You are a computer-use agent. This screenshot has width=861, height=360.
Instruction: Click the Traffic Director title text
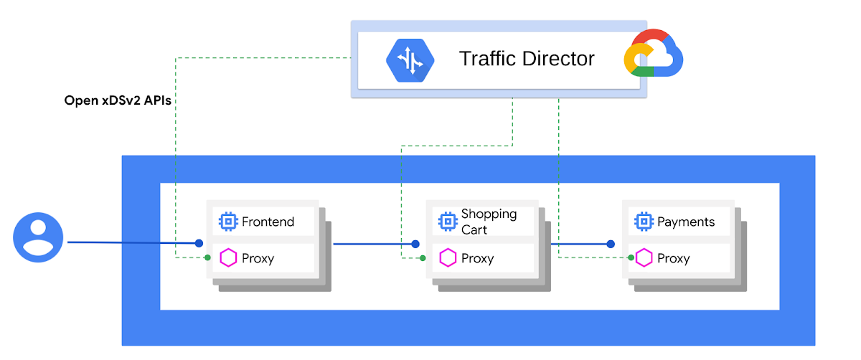(527, 58)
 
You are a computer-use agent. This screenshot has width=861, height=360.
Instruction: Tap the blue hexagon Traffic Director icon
(410, 60)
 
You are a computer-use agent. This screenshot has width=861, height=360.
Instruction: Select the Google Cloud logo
(653, 55)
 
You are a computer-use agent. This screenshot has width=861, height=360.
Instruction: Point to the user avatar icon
(39, 238)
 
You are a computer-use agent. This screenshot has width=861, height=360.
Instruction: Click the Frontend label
(268, 222)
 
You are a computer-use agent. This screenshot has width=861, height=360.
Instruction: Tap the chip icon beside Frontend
(228, 222)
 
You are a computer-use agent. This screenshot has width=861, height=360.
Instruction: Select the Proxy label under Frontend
(258, 258)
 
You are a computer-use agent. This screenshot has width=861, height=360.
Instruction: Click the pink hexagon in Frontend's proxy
(228, 257)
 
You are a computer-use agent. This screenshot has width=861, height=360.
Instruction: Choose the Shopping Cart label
(489, 222)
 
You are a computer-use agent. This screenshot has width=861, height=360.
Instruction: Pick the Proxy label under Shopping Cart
(477, 258)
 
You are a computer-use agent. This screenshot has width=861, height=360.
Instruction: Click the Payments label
(686, 222)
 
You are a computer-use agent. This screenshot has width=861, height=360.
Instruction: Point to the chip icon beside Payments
(643, 222)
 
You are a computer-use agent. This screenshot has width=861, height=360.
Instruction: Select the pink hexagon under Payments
(644, 257)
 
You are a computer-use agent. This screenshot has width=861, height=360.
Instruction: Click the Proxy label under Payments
(673, 258)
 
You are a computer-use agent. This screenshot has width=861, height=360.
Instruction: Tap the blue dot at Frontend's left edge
(199, 243)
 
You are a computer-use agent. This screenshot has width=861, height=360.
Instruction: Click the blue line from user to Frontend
(129, 242)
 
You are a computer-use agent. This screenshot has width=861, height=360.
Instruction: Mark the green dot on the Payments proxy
(631, 257)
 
